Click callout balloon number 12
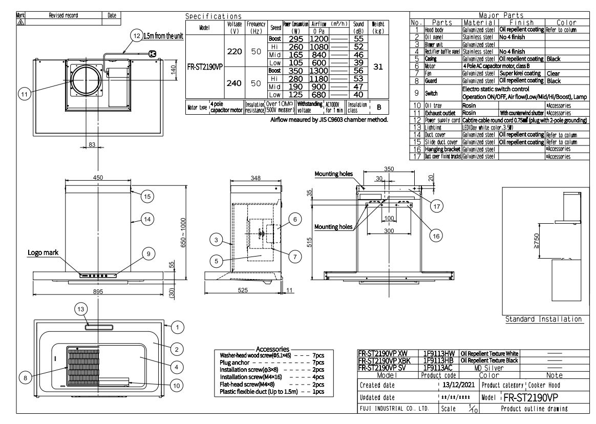point(136,36)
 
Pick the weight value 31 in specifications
point(379,67)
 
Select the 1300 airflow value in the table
point(318,70)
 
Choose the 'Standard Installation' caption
point(543,319)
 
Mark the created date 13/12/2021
point(454,385)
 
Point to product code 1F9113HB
point(440,360)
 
